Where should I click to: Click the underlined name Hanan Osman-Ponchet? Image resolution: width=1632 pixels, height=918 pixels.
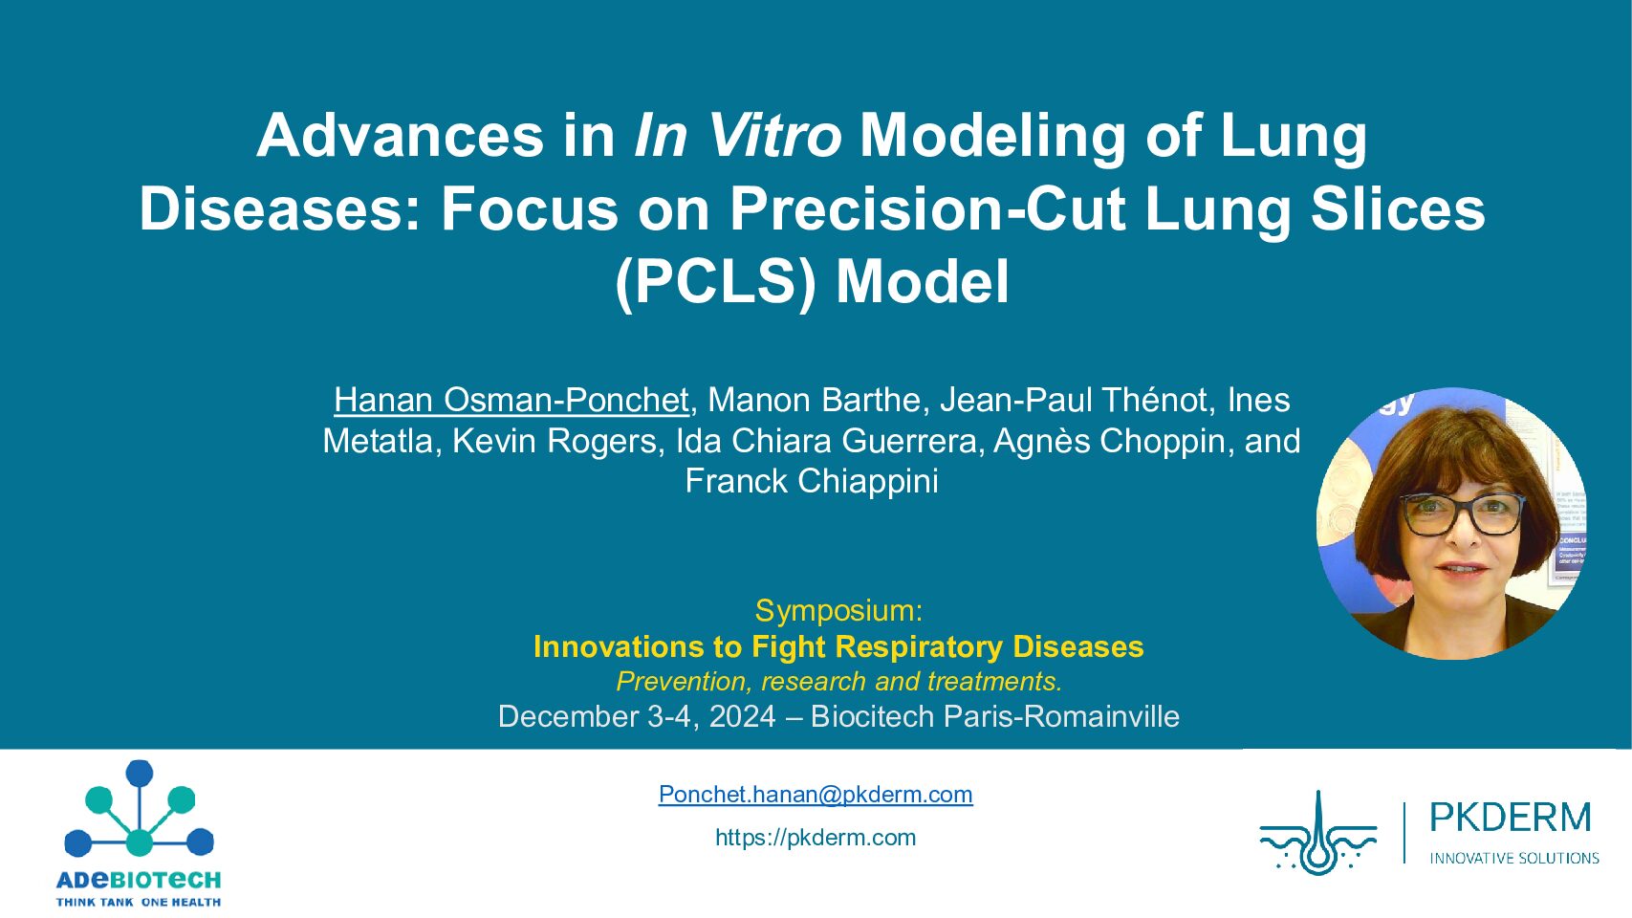pos(511,400)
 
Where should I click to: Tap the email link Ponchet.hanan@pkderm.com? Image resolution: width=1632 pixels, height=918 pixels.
pos(816,794)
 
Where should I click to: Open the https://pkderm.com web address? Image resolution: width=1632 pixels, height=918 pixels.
pos(816,837)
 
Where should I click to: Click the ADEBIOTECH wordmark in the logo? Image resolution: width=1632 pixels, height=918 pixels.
pos(139,880)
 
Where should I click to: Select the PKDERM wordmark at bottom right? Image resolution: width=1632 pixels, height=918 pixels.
pos(1511,818)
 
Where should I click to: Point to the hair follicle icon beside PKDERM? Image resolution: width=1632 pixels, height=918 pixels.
pos(1318,833)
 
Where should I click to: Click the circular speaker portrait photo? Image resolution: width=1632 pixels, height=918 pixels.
pos(1452,523)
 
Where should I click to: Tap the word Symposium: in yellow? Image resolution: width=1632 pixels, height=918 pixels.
pos(838,610)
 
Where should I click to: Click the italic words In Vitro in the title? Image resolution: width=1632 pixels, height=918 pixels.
pos(737,136)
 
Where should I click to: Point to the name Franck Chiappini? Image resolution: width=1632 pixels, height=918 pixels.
pos(812,481)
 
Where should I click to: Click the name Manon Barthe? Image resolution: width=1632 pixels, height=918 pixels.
pos(816,400)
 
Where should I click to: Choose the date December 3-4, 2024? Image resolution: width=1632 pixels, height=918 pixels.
pos(636,717)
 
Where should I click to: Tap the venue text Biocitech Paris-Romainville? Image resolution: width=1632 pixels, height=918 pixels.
pos(994,717)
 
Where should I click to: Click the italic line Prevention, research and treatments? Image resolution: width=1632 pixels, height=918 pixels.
pos(838,681)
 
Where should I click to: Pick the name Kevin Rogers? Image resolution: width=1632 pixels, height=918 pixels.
pos(555,441)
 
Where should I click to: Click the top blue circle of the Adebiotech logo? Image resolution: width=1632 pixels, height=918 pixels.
pos(140,773)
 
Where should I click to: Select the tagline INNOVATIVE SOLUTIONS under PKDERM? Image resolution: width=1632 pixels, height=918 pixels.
pos(1514,859)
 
